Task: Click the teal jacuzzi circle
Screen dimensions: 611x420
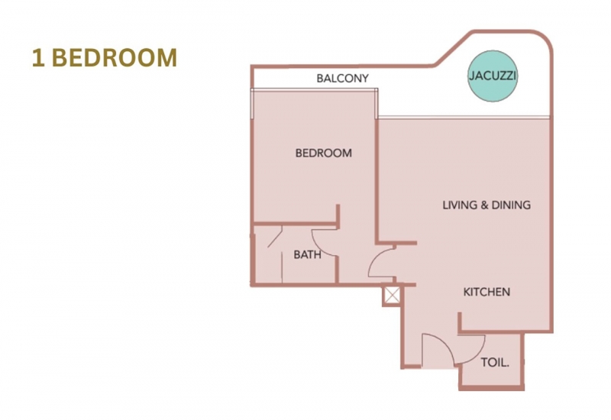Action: [493, 76]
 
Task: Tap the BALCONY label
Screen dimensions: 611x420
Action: [342, 79]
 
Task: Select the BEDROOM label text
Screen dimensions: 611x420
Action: [323, 153]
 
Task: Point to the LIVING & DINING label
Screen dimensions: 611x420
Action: [487, 205]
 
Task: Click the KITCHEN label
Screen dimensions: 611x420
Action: [487, 292]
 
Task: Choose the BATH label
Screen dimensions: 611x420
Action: [308, 255]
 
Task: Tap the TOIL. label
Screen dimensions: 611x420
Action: [495, 363]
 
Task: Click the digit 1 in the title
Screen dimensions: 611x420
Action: [37, 58]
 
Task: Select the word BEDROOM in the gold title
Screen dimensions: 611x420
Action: [114, 58]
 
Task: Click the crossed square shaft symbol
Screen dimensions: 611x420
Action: [392, 295]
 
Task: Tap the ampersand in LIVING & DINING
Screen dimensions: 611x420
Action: [483, 205]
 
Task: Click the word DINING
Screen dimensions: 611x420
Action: [511, 205]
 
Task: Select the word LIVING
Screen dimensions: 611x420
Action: [460, 205]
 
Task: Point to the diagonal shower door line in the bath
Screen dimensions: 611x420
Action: [275, 238]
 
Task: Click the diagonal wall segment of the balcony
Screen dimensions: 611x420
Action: [454, 48]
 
